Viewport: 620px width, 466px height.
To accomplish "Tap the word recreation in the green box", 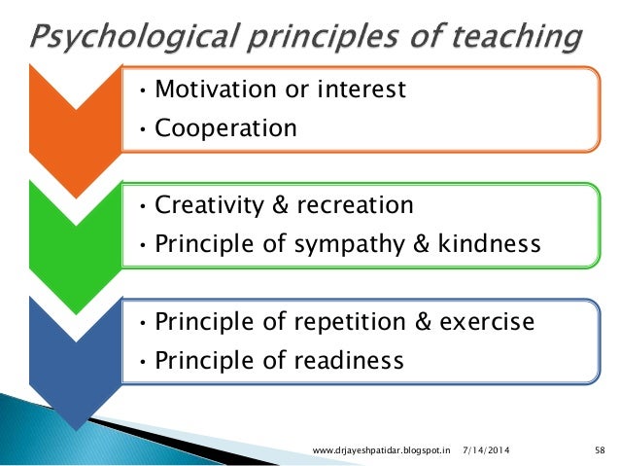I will tap(361, 206).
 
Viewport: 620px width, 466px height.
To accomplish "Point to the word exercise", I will tap(486, 322).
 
